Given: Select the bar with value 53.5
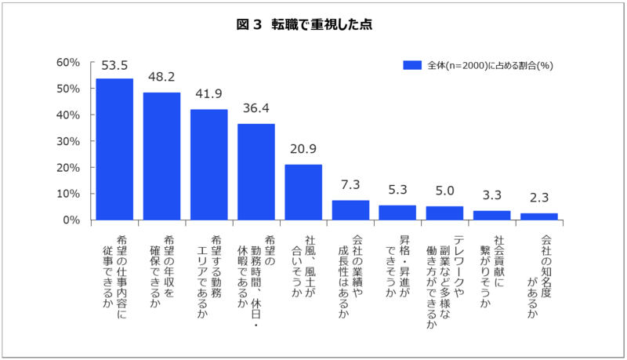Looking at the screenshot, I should click(x=114, y=149).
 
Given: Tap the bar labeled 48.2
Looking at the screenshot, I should click(x=161, y=156).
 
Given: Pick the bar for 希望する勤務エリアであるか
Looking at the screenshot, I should click(x=208, y=165).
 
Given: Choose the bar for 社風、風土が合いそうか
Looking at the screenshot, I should click(x=303, y=192).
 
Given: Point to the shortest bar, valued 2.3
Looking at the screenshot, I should click(x=539, y=216).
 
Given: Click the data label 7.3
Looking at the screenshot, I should click(x=350, y=185).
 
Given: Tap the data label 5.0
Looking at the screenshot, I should click(x=444, y=191).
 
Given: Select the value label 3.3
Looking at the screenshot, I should click(x=492, y=195).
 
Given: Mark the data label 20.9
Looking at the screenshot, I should click(x=303, y=149).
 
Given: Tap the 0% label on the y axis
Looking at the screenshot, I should click(x=71, y=220).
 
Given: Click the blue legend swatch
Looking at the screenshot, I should click(x=412, y=65).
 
